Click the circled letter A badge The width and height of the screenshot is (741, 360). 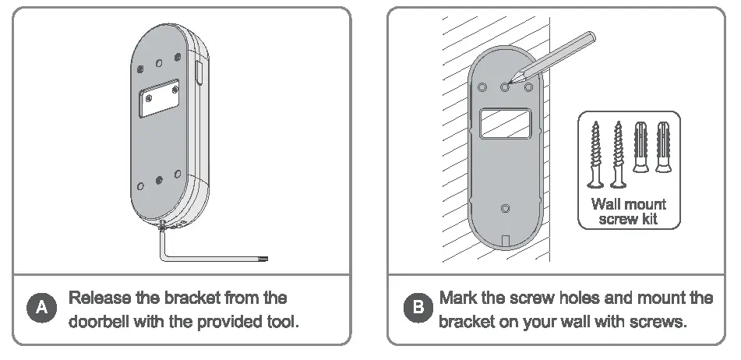[x=42, y=309]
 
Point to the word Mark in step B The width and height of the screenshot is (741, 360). [x=458, y=298]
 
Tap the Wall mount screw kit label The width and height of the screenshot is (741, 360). [x=628, y=211]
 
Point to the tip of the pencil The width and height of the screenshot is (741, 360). [x=507, y=83]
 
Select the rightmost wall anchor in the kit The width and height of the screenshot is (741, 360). [x=663, y=148]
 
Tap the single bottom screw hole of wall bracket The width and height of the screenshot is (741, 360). [x=505, y=208]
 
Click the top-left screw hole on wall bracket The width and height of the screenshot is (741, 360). [x=482, y=87]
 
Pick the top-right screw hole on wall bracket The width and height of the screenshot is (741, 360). [x=528, y=87]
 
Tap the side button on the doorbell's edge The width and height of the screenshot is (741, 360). [x=200, y=74]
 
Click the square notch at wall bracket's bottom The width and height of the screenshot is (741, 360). [x=506, y=242]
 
